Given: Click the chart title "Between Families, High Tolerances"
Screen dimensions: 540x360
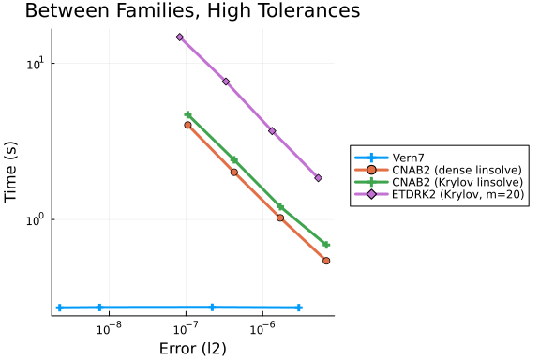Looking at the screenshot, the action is (192, 10).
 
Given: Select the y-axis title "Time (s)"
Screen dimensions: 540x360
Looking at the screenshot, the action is (10, 172).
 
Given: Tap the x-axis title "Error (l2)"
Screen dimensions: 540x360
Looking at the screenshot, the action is (193, 349).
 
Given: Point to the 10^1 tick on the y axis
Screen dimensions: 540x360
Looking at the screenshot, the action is (36, 64).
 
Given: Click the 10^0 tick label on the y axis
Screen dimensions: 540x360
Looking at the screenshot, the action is (36, 219).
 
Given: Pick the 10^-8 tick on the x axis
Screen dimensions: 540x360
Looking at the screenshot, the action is (109, 328).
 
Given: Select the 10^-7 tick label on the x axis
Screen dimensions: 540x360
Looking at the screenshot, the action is (186, 328).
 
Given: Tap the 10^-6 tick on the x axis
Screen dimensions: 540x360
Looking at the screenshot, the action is (262, 328).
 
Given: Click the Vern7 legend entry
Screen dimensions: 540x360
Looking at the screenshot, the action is (408, 157).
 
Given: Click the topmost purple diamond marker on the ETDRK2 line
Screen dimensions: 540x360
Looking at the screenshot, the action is (180, 37).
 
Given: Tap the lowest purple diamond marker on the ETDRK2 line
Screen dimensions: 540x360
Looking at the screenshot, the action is (318, 178).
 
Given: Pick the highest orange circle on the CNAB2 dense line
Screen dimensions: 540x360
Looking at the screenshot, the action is (187, 125).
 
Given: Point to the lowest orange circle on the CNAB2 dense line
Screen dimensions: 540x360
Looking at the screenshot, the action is (326, 261).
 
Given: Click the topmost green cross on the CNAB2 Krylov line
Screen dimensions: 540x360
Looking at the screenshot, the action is (187, 115).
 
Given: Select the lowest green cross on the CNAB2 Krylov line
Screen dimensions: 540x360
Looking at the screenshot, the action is (326, 245).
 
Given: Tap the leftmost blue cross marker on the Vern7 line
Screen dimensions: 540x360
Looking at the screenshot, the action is (60, 307).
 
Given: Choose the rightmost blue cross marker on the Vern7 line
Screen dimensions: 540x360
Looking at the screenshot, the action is (299, 307).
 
